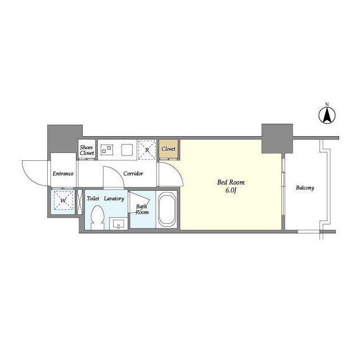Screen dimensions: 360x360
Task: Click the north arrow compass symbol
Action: click(x=327, y=116)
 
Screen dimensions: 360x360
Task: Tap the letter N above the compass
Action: click(x=327, y=105)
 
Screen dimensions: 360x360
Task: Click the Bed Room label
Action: click(x=231, y=182)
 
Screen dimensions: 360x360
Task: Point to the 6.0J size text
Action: click(x=231, y=191)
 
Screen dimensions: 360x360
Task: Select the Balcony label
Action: click(x=305, y=188)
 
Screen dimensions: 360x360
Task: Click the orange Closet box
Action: click(x=169, y=148)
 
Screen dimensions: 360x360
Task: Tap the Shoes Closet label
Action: click(x=87, y=150)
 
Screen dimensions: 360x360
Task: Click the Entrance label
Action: click(x=63, y=174)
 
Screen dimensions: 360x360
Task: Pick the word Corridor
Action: click(x=133, y=174)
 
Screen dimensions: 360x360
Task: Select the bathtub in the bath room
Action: click(x=167, y=209)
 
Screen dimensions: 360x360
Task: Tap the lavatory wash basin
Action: click(x=118, y=224)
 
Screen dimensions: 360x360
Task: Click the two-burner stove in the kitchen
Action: click(x=107, y=150)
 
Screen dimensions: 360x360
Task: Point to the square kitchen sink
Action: click(x=127, y=150)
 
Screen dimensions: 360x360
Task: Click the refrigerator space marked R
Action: click(x=147, y=150)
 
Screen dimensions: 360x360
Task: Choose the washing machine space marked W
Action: click(x=63, y=201)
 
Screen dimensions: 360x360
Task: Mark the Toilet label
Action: click(x=93, y=199)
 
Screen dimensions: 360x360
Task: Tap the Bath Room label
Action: click(x=142, y=209)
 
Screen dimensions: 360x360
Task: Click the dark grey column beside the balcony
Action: click(x=277, y=139)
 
